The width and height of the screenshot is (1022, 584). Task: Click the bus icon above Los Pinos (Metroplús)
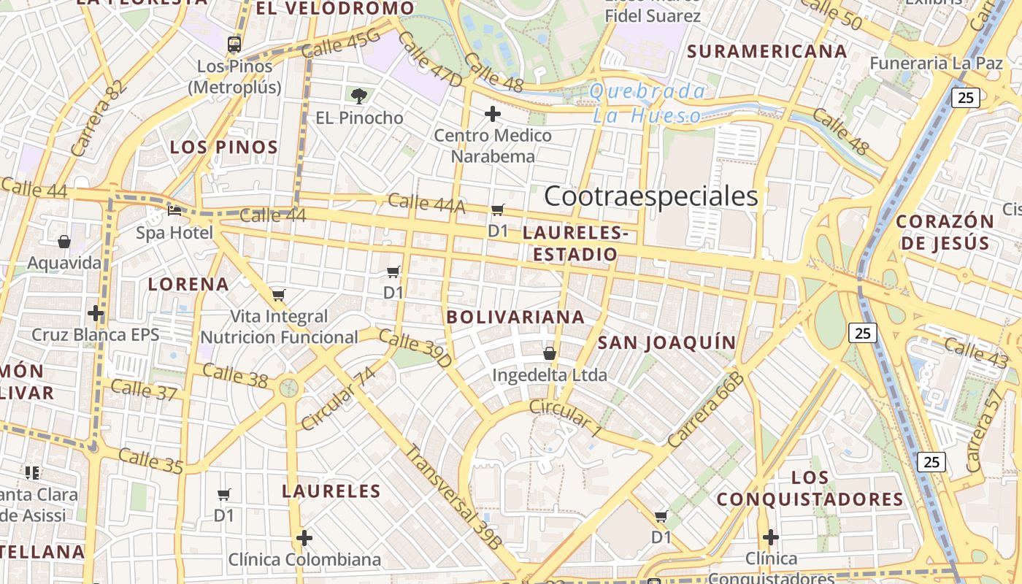point(234,45)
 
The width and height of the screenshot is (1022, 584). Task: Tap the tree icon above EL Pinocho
point(358,96)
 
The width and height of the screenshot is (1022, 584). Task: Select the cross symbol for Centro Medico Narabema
point(493,114)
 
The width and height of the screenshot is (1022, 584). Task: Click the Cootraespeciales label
point(650,196)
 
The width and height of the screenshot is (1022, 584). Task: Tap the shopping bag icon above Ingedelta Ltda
point(550,354)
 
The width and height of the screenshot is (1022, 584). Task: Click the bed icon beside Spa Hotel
point(174,211)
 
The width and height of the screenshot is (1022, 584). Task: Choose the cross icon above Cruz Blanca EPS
point(96,314)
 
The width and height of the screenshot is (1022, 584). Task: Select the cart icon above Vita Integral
point(278,296)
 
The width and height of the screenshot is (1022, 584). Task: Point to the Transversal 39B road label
point(453,496)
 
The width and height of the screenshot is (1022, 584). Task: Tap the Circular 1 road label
point(565,418)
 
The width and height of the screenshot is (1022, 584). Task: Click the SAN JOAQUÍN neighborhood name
point(666,342)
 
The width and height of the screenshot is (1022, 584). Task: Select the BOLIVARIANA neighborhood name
point(515,317)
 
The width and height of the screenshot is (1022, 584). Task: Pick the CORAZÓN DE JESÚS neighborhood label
point(945,232)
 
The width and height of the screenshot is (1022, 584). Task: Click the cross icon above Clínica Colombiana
point(304,539)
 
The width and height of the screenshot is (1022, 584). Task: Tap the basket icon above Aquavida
point(64,242)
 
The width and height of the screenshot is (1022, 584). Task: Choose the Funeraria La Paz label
point(936,64)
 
